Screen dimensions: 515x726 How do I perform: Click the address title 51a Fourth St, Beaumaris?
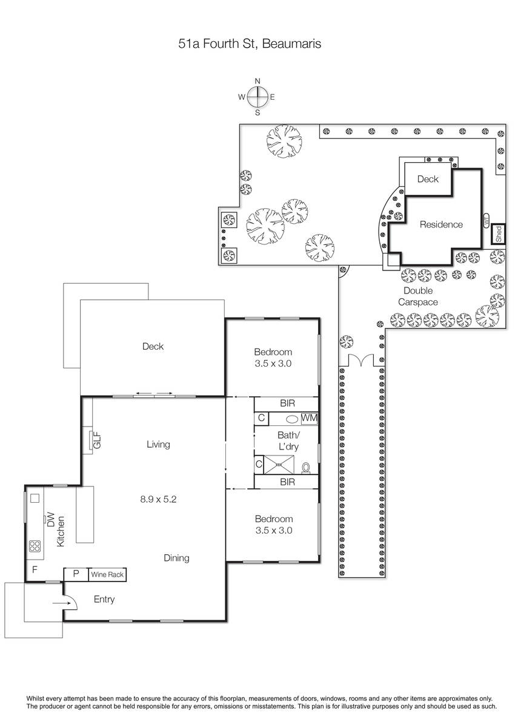click(x=250, y=44)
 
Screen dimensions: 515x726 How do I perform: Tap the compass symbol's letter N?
click(x=257, y=81)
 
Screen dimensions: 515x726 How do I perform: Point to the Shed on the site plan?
click(x=499, y=234)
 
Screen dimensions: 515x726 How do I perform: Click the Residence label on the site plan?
click(x=441, y=224)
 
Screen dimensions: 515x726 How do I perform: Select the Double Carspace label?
click(x=418, y=296)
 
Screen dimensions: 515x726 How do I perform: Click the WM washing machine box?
click(x=309, y=418)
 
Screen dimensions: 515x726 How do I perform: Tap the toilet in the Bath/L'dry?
click(x=306, y=468)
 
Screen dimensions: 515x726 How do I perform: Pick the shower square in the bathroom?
click(x=279, y=465)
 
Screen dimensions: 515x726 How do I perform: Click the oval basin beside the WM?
click(x=292, y=419)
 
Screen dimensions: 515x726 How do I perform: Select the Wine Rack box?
click(x=107, y=574)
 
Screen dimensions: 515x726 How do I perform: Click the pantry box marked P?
click(x=76, y=574)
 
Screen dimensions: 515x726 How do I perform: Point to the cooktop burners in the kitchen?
click(x=35, y=546)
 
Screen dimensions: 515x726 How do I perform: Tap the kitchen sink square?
click(x=35, y=498)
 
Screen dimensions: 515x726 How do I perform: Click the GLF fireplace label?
click(x=97, y=440)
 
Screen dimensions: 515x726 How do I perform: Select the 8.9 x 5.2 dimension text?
click(x=158, y=499)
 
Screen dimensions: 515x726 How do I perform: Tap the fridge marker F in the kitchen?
click(x=35, y=569)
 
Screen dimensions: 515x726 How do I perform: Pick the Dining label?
click(x=176, y=558)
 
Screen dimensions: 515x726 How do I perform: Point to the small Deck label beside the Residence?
click(x=428, y=179)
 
